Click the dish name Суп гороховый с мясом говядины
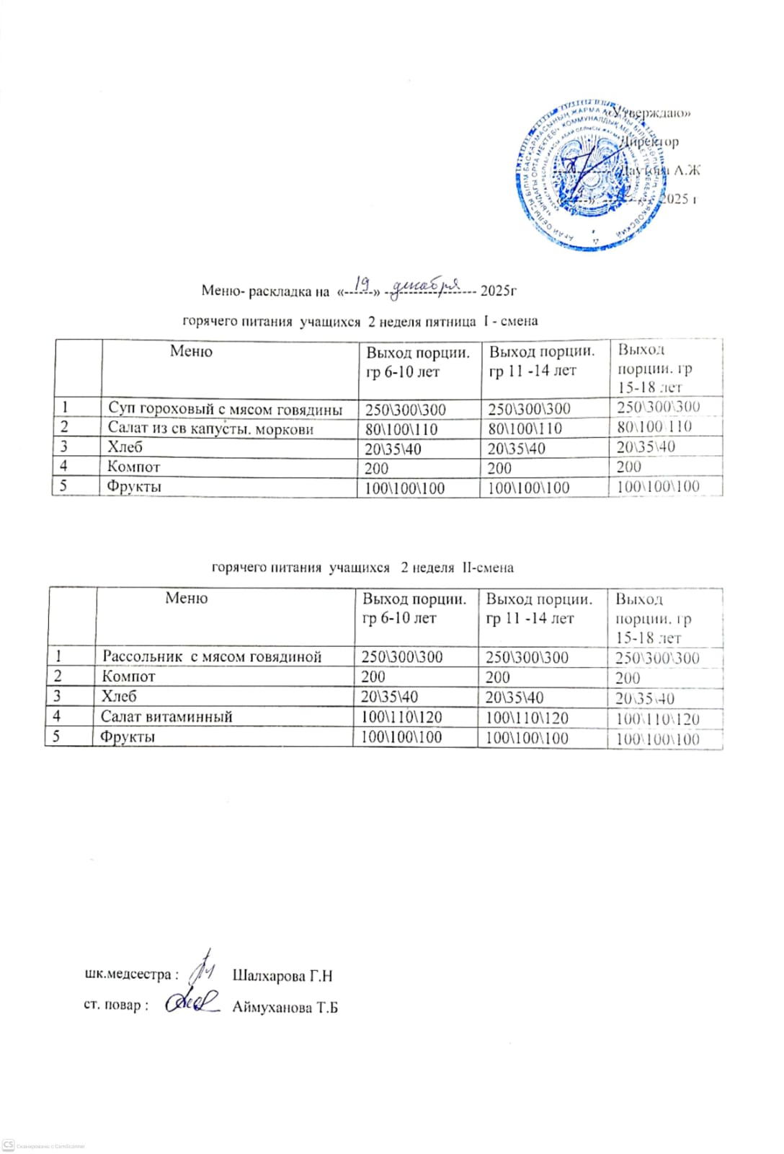point(225,409)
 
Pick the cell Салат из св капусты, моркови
point(210,428)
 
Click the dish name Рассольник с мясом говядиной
point(211,656)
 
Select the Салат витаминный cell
point(166,716)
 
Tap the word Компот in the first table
point(133,467)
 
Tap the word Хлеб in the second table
point(119,696)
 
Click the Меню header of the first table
point(191,351)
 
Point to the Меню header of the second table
point(186,597)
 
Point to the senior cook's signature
point(192,1002)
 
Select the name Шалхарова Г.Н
point(282,976)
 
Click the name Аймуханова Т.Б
point(285,1008)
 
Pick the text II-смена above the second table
point(488,568)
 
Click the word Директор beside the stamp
point(651,142)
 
